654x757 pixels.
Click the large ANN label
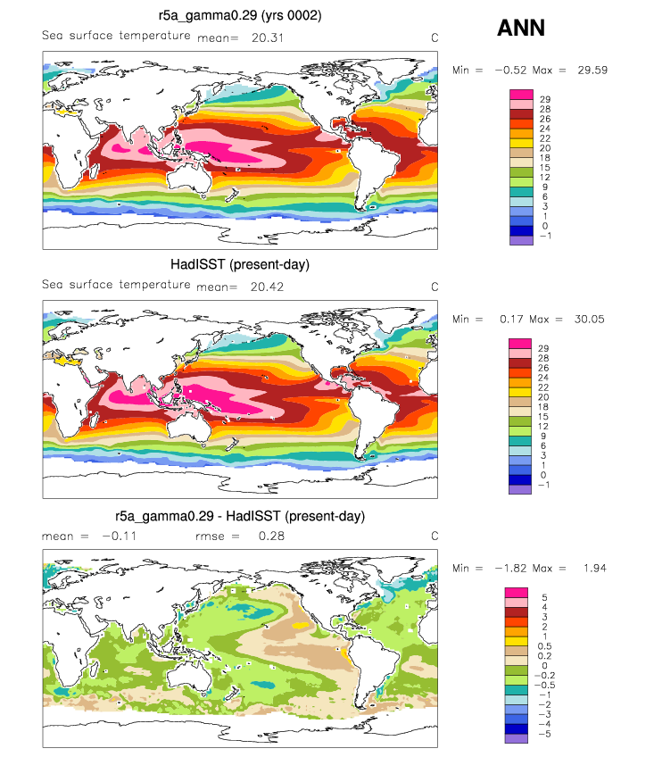tap(521, 28)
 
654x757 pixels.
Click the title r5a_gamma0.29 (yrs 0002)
tap(240, 15)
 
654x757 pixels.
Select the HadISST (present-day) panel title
tap(240, 264)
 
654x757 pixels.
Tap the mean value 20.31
tap(268, 37)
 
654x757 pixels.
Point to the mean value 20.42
tap(267, 287)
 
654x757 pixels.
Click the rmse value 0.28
tap(271, 536)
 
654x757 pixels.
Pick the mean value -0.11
tap(120, 536)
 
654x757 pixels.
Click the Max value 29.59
tap(592, 70)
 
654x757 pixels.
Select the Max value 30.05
tap(590, 319)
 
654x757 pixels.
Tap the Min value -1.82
tap(510, 569)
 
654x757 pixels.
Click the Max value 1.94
tap(594, 569)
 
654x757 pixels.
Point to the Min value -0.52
tap(510, 70)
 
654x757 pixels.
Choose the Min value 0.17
tap(511, 319)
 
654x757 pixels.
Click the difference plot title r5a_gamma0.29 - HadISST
tap(240, 516)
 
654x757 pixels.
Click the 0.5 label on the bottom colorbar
tap(544, 646)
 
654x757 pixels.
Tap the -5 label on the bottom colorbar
tap(544, 734)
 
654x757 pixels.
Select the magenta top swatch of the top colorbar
tap(521, 95)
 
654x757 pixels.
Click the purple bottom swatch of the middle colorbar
tap(520, 489)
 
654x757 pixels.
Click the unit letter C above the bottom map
tap(435, 536)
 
